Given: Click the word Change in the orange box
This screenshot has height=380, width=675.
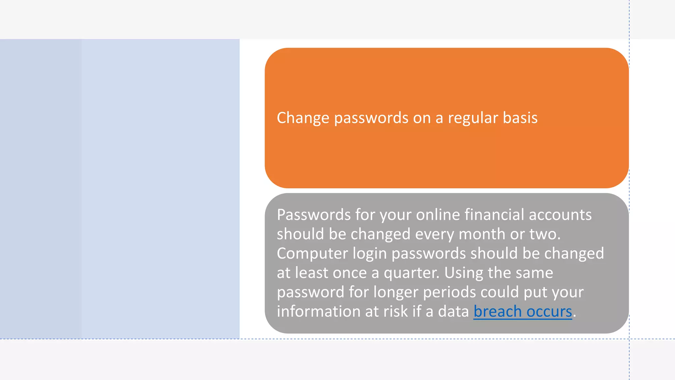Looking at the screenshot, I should [303, 118].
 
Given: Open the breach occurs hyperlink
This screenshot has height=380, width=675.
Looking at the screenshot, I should [523, 311].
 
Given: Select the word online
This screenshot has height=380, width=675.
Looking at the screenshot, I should [438, 215].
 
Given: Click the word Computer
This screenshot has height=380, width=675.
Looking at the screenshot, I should [312, 254].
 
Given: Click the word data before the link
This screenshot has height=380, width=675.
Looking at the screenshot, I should [453, 311].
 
